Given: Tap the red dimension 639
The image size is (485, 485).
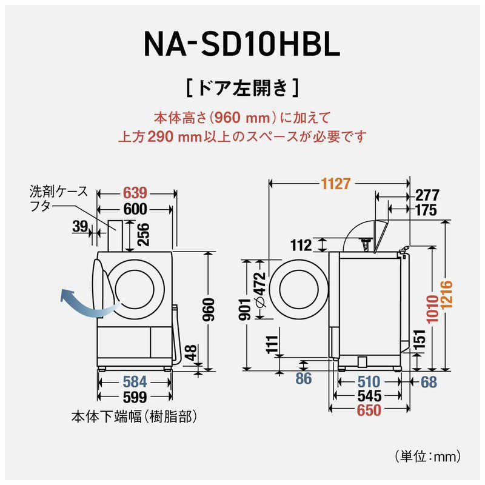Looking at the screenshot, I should (x=135, y=193).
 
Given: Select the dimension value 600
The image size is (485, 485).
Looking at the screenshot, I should (x=135, y=209).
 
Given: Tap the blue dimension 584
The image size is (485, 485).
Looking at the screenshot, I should (x=135, y=383).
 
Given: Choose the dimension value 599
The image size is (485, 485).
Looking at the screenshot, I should (x=135, y=398).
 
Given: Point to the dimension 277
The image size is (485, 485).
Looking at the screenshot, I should (x=427, y=195).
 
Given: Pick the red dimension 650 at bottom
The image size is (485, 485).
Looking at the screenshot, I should (x=369, y=411).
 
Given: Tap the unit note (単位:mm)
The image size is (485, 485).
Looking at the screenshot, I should (x=431, y=453).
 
